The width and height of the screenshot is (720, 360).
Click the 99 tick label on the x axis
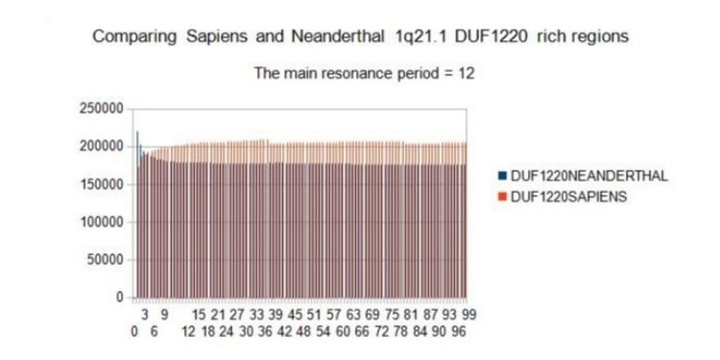(469, 313)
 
